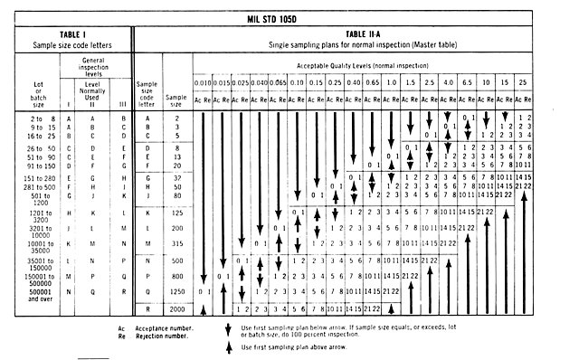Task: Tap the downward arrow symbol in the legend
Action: coord(227,330)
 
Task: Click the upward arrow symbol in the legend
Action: coord(227,347)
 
